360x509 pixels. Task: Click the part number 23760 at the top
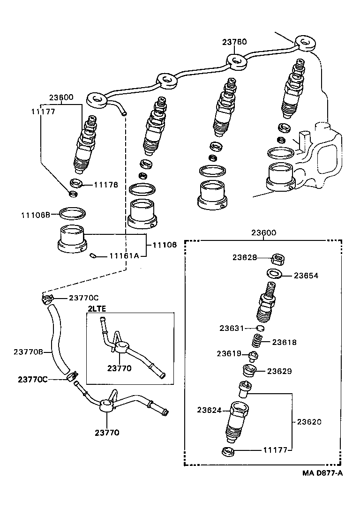click(x=234, y=42)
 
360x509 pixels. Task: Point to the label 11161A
click(x=124, y=255)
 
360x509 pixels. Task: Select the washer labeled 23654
click(x=275, y=273)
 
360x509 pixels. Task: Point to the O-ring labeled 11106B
click(x=73, y=213)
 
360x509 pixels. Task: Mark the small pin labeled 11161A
click(x=93, y=255)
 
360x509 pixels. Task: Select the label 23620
click(x=309, y=421)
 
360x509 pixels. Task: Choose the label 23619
click(x=229, y=353)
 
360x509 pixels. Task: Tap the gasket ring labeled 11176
click(x=76, y=182)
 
